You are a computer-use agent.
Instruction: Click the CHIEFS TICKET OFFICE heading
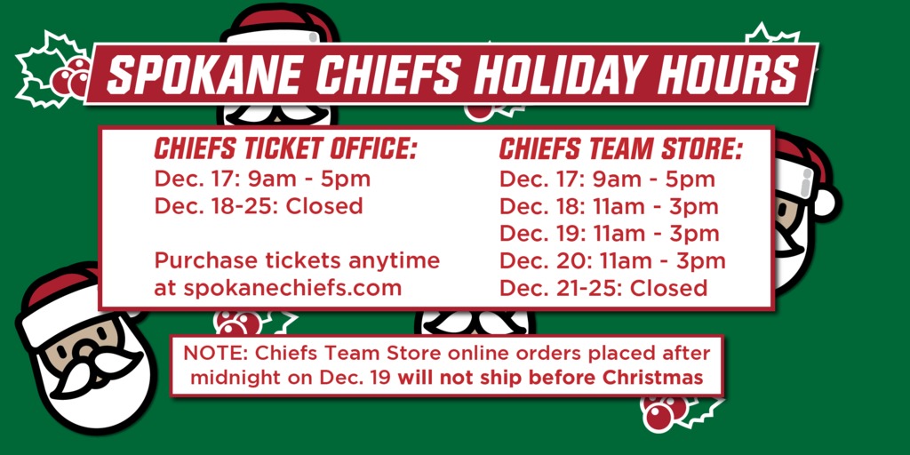click(284, 148)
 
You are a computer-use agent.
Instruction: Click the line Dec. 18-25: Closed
click(259, 206)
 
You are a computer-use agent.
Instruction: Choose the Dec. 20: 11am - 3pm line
click(612, 261)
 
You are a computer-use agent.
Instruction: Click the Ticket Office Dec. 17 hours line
click(262, 179)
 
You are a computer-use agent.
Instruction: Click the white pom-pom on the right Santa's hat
click(824, 203)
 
